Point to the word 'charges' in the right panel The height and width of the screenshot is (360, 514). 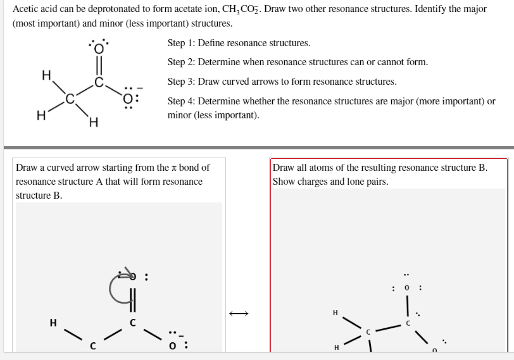tap(311, 182)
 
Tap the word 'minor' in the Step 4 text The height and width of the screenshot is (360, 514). tap(179, 116)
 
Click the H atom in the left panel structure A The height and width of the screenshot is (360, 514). tap(54, 323)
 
